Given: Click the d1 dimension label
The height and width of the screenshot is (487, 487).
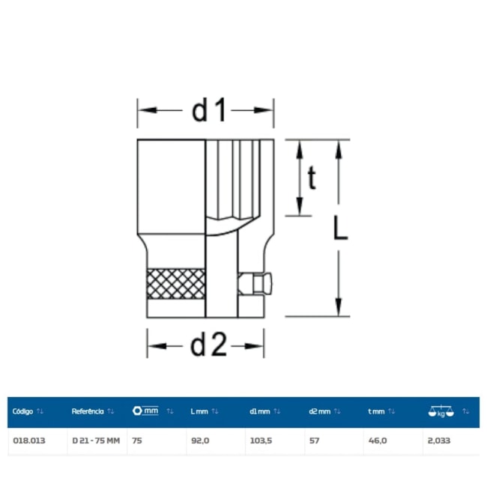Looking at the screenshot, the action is pyautogui.click(x=209, y=110).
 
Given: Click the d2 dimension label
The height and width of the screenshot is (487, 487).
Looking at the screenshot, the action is pyautogui.click(x=208, y=345).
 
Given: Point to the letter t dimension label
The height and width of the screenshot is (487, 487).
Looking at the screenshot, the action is pyautogui.click(x=312, y=178).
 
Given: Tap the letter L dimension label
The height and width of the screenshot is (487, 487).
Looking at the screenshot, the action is pyautogui.click(x=340, y=228).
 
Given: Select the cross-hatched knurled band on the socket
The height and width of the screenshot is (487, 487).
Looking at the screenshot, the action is pyautogui.click(x=176, y=284).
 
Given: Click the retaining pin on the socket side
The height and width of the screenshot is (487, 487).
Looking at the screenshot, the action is pyautogui.click(x=255, y=283).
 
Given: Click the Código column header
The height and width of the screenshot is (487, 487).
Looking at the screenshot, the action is pyautogui.click(x=22, y=411).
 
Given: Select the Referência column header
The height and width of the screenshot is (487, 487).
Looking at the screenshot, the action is pyautogui.click(x=88, y=411).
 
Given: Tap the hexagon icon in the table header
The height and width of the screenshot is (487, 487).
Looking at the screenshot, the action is pyautogui.click(x=137, y=411).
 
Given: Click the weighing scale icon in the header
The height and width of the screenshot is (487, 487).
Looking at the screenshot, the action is pyautogui.click(x=441, y=411).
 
